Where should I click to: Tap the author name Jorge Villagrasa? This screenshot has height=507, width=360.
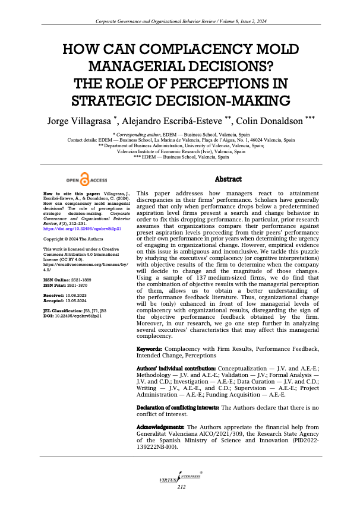[78, 121]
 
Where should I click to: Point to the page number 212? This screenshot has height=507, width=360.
[181, 487]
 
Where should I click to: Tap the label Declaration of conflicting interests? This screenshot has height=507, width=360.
[178, 407]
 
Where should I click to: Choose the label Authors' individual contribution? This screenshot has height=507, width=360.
[173, 369]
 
